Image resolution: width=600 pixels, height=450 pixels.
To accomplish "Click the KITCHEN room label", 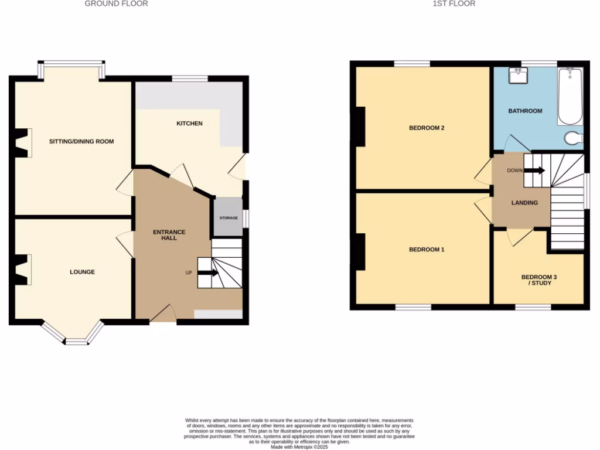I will [190, 124].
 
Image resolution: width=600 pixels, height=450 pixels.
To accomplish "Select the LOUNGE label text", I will [82, 272].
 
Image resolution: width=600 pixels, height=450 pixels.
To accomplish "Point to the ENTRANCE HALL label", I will [169, 235].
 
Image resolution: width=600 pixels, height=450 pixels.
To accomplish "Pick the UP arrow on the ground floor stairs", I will [208, 272].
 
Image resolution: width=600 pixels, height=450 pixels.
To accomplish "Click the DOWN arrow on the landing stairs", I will [534, 171].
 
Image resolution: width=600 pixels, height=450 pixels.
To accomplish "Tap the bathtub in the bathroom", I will [570, 97].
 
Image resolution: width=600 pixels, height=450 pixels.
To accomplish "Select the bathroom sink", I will [519, 76].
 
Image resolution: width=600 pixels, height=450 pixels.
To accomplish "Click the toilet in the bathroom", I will [574, 138].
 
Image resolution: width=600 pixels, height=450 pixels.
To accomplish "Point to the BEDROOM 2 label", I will [427, 128].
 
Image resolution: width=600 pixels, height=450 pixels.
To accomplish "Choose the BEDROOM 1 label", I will [427, 250].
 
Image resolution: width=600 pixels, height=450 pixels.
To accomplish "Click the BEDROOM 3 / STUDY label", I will [536, 279].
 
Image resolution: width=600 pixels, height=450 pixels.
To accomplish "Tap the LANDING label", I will [524, 203].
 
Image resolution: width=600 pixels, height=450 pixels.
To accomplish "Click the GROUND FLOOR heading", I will [116, 4].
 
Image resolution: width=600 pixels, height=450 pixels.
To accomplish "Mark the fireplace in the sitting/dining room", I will [22, 143].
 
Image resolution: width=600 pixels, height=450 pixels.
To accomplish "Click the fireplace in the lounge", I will [22, 270].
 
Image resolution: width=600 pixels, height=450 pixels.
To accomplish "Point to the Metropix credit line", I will [299, 446].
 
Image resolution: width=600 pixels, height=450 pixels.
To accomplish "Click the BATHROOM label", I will [525, 111].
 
